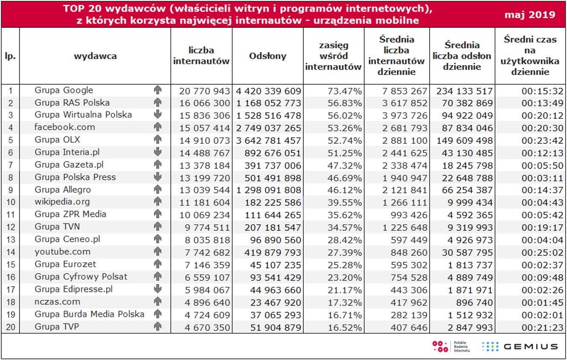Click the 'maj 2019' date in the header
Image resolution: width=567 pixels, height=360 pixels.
click(530, 15)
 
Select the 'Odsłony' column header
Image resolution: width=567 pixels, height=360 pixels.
click(268, 56)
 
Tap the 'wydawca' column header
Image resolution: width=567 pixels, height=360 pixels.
click(95, 56)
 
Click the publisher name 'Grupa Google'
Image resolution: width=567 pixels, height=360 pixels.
click(64, 90)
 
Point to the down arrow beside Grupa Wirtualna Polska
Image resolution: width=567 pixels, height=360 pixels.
click(158, 115)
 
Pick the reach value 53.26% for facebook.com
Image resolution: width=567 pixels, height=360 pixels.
click(346, 128)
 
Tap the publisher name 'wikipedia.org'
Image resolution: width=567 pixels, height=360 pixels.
click(62, 202)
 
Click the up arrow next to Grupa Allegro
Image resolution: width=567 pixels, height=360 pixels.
click(158, 189)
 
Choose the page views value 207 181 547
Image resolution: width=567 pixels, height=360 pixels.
click(273, 227)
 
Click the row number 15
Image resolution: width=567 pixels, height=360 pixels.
click(11, 264)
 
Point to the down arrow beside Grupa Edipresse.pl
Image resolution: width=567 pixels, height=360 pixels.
click(158, 289)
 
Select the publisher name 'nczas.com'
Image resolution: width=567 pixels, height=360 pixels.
click(58, 302)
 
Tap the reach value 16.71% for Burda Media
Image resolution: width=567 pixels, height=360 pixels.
click(346, 315)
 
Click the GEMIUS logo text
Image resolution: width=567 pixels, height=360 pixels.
click(531, 346)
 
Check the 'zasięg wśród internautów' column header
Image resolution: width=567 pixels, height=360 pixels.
click(333, 56)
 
